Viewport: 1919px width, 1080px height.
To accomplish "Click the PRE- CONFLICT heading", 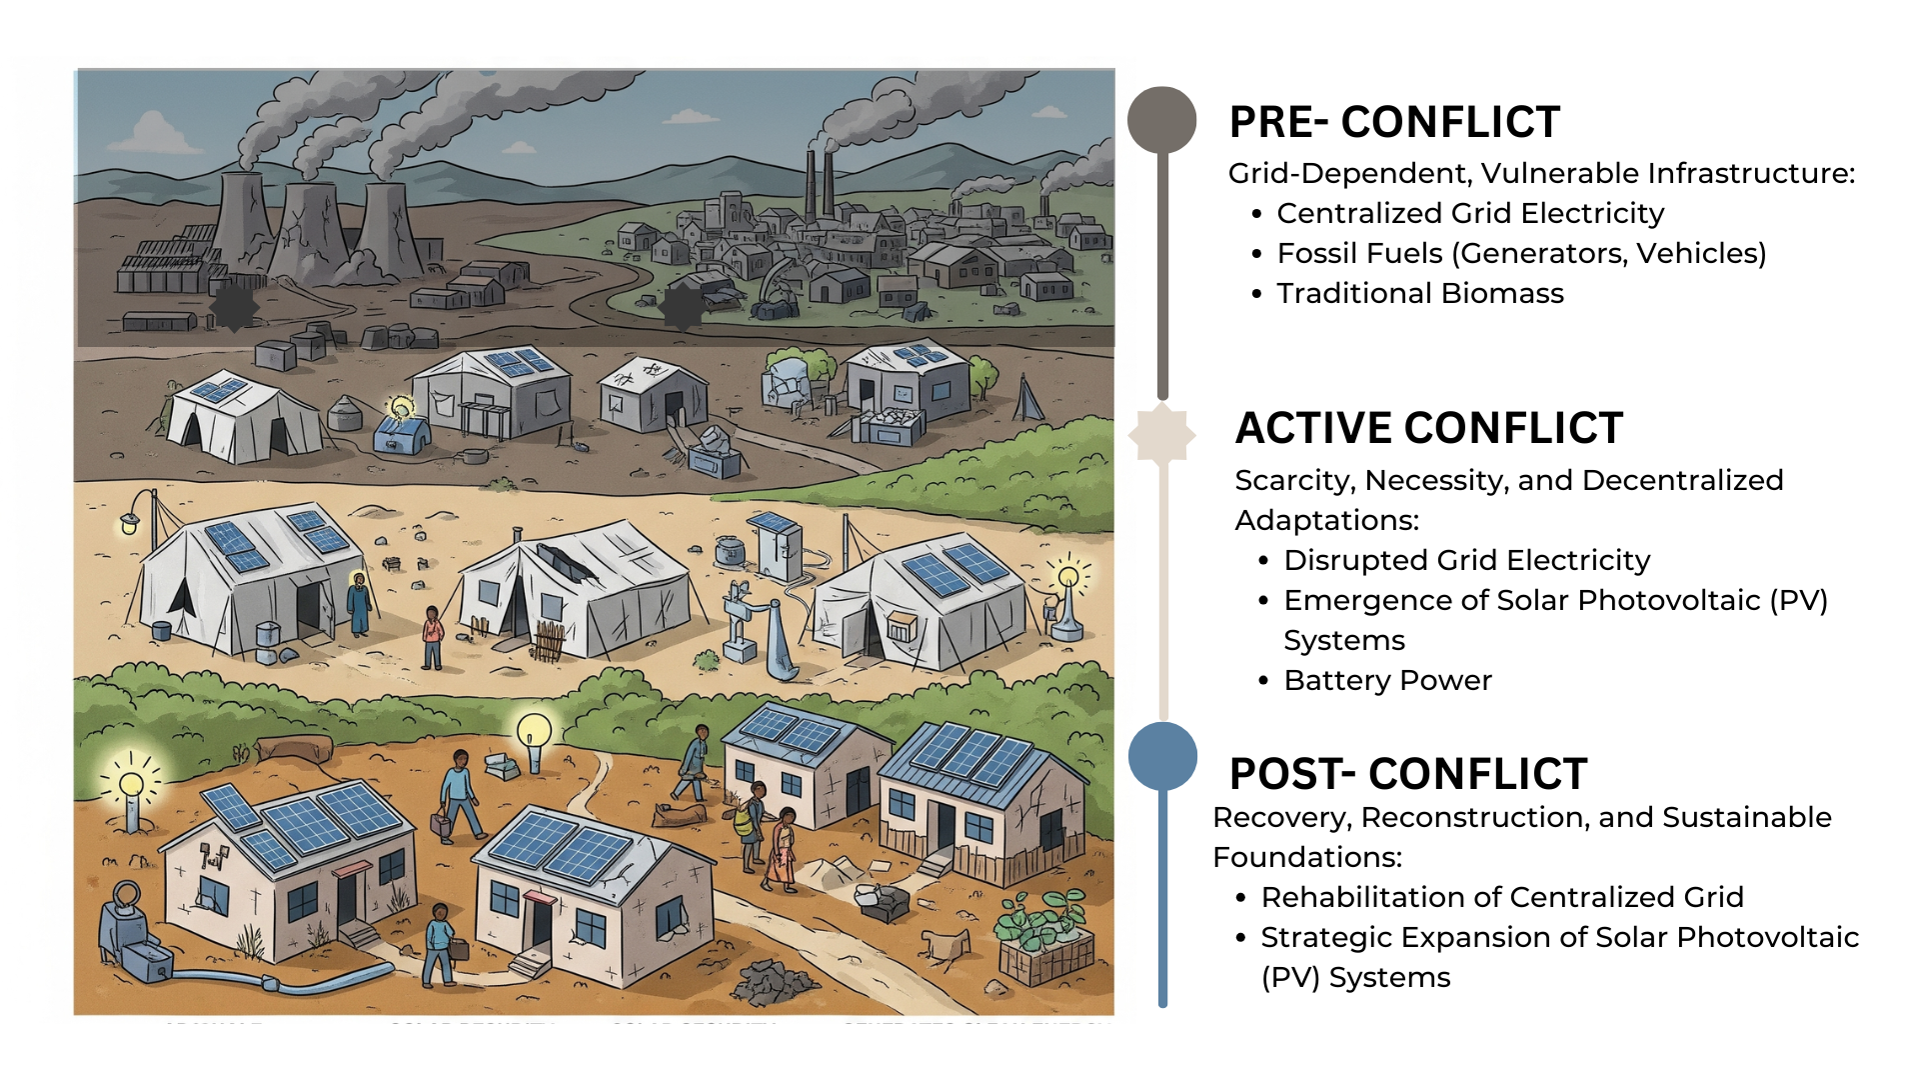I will pos(1394,122).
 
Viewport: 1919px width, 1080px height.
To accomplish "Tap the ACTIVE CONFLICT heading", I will pos(1428,428).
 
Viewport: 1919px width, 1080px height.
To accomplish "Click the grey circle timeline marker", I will pos(1161,120).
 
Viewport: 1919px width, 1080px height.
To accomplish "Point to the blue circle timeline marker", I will pos(1162,756).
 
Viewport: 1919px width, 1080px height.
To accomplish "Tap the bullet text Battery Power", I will pos(1387,681).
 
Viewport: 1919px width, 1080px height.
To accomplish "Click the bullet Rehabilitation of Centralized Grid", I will pos(1501,898).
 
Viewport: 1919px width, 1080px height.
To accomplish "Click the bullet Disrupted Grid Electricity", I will pos(1466,561).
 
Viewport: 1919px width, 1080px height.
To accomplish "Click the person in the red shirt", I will pos(432,637).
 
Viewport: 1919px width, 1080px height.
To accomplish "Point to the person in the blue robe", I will pos(359,605).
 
